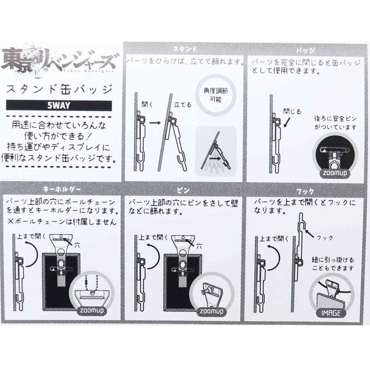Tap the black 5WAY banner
59,105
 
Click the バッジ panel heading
305,50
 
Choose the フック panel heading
305,191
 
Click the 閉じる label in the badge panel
292,112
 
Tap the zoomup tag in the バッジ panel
334,174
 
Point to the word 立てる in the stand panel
183,105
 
